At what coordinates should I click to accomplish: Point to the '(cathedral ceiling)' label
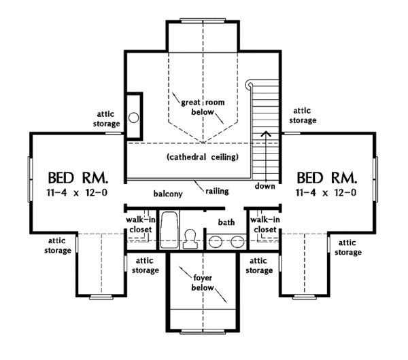(x=202, y=158)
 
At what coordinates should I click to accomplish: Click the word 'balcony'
(x=167, y=194)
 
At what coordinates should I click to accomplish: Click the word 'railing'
(x=215, y=191)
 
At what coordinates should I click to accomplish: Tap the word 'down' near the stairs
(x=265, y=186)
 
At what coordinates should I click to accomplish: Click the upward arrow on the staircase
(x=265, y=136)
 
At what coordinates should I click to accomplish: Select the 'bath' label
(x=226, y=222)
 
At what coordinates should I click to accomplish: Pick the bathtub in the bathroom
(x=170, y=231)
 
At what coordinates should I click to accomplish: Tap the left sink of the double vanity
(x=216, y=241)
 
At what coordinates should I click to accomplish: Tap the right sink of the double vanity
(x=237, y=241)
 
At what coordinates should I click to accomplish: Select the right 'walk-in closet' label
(x=265, y=225)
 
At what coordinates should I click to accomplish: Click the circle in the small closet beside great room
(x=134, y=118)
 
